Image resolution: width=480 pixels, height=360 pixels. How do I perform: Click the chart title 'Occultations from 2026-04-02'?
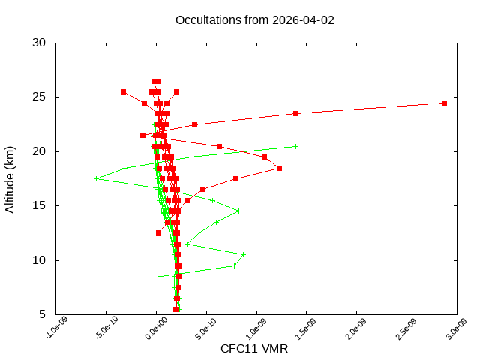point(255,20)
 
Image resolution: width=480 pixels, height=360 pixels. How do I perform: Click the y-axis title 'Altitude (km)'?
point(10,178)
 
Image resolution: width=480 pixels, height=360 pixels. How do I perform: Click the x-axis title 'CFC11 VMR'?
point(254,349)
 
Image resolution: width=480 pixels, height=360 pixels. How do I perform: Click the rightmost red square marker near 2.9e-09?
point(445,103)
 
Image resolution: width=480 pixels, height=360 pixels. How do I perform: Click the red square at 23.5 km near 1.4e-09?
point(296,113)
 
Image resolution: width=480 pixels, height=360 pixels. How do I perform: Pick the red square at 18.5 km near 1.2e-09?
point(279,168)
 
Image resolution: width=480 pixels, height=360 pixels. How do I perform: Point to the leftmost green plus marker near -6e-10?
point(96,178)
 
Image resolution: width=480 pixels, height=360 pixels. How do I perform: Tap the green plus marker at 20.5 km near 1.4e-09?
point(296,146)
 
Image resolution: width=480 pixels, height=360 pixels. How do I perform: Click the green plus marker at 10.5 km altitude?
point(243,254)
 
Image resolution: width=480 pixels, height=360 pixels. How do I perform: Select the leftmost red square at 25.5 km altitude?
point(123,91)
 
